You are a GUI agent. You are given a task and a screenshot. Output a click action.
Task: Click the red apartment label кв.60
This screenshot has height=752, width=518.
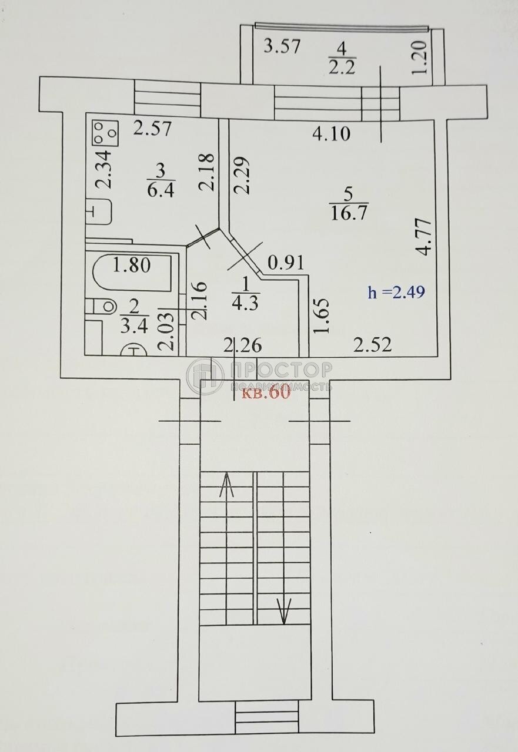[266, 393]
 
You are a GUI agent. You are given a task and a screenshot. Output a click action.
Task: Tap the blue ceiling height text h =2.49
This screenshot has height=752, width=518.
[396, 292]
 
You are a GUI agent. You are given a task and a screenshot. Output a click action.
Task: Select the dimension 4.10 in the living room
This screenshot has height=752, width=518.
[331, 134]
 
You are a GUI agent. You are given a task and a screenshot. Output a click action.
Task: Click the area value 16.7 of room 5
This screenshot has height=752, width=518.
[350, 213]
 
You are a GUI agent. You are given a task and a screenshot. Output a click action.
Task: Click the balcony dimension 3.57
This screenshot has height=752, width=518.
[282, 46]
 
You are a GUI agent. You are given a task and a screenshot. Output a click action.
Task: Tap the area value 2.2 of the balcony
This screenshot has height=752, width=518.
[342, 68]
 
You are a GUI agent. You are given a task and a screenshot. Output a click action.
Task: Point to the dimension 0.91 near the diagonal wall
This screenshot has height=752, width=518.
[286, 263]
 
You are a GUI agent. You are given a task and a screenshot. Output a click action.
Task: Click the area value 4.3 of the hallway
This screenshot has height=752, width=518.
[245, 304]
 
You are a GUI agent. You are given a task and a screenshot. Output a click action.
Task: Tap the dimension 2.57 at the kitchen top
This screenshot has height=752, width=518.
[152, 128]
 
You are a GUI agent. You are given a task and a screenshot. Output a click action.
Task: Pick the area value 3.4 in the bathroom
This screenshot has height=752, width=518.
[134, 326]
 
